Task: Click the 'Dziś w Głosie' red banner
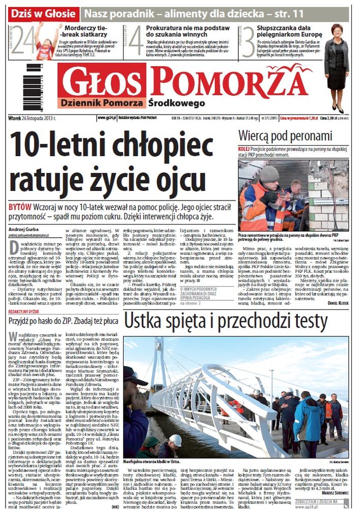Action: [44, 13]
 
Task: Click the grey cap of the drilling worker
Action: [268, 173]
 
